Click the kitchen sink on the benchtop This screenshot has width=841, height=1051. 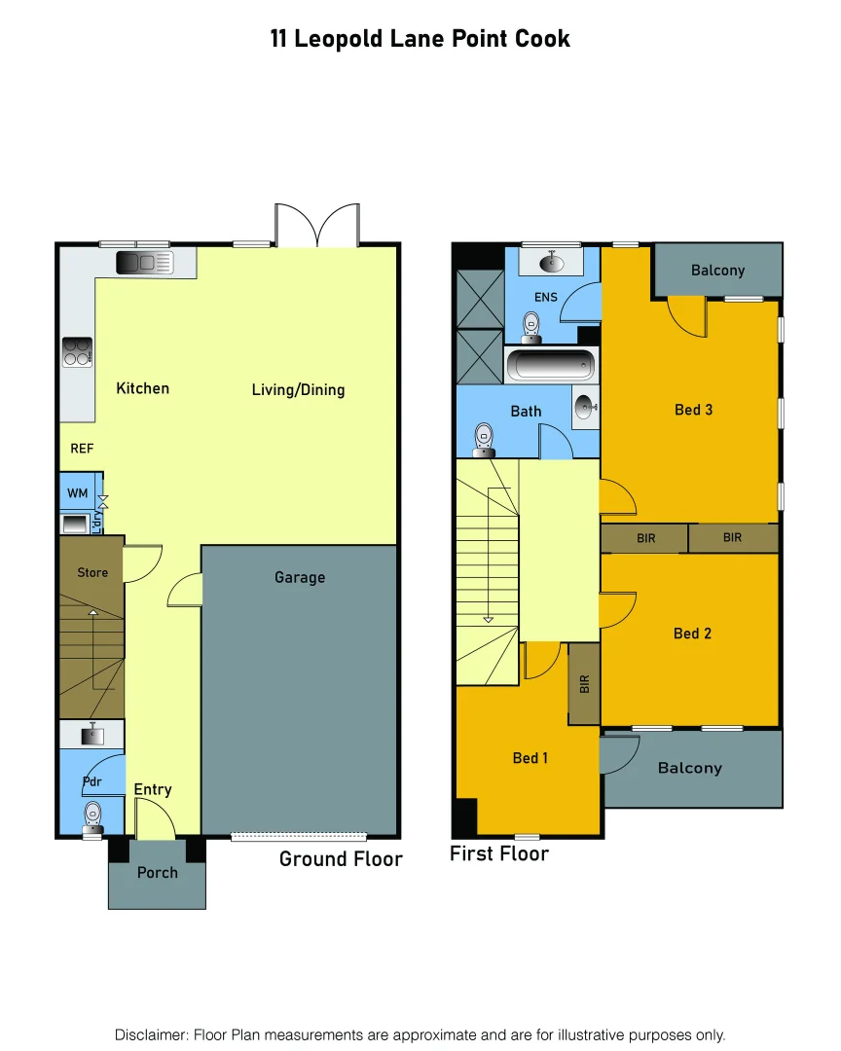pyautogui.click(x=144, y=263)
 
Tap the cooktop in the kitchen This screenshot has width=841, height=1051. pyautogui.click(x=78, y=351)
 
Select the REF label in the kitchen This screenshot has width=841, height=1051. pyautogui.click(x=80, y=449)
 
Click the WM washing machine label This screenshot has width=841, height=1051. pyautogui.click(x=78, y=493)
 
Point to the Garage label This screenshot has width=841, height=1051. pyautogui.click(x=299, y=577)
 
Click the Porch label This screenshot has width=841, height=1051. pyautogui.click(x=157, y=872)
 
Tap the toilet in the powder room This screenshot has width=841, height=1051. pyautogui.click(x=93, y=812)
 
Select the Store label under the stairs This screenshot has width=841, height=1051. pyautogui.click(x=92, y=572)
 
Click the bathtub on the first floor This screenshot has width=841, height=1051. pyautogui.click(x=552, y=366)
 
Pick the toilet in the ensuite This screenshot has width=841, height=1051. pyautogui.click(x=531, y=325)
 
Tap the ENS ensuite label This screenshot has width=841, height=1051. pyautogui.click(x=545, y=296)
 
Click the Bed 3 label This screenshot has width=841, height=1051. pyautogui.click(x=693, y=410)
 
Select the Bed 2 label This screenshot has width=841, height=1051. pyautogui.click(x=692, y=634)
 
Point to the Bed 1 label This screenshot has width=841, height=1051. pyautogui.click(x=530, y=757)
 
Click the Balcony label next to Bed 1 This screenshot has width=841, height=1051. pyautogui.click(x=689, y=768)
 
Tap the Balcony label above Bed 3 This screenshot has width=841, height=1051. pyautogui.click(x=717, y=270)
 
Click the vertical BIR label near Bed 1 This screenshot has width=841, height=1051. pyautogui.click(x=585, y=684)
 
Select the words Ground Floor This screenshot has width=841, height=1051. pyautogui.click(x=341, y=858)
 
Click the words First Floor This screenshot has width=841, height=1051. pyautogui.click(x=499, y=853)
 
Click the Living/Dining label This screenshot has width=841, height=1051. pyautogui.click(x=298, y=389)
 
